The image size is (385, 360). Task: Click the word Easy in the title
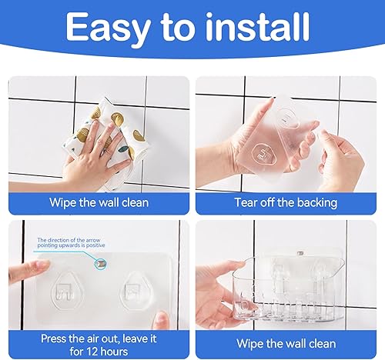[x=108, y=28]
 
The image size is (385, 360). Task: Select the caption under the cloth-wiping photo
[x=99, y=202]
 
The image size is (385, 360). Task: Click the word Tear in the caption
[x=245, y=202]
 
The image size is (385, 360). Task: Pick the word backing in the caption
[x=317, y=202]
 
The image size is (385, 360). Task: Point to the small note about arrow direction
[x=71, y=242]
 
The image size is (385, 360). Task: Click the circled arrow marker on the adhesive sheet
[x=100, y=263]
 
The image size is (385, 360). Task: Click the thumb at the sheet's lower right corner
[x=161, y=320]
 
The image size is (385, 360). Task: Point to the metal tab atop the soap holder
[x=300, y=253]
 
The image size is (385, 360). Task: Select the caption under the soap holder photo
[x=286, y=344]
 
